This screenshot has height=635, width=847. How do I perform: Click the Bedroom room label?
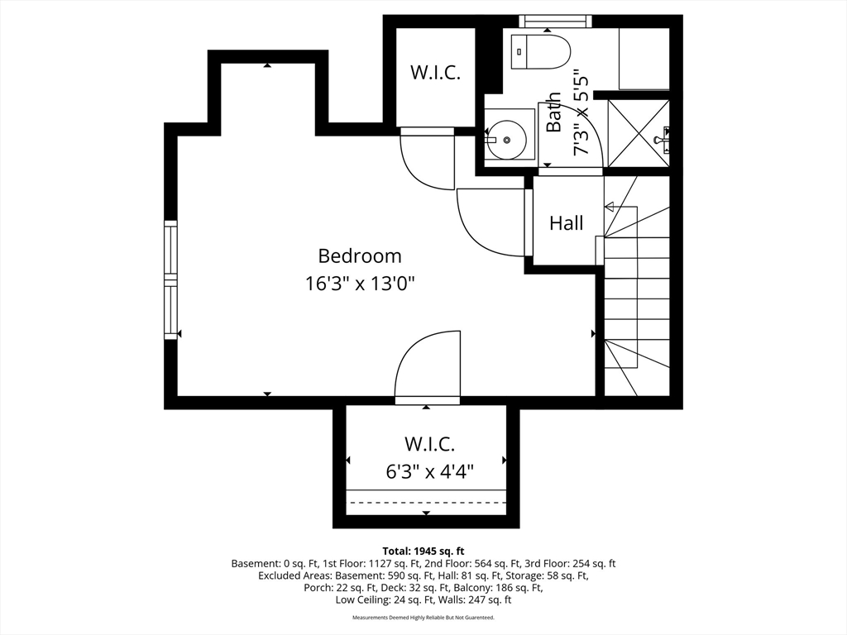click(x=360, y=256)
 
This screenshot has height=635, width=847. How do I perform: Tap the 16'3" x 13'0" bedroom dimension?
click(x=360, y=284)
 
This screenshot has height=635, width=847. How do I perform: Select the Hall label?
click(x=566, y=223)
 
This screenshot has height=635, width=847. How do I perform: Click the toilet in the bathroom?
click(x=541, y=52)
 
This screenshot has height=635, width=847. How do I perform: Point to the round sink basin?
click(x=507, y=140)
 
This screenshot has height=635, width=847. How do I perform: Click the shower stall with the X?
click(x=639, y=133)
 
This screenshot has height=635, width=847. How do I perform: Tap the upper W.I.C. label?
click(x=435, y=72)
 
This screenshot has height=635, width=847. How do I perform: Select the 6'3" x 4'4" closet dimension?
click(x=430, y=471)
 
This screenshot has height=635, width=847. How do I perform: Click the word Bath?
click(x=553, y=112)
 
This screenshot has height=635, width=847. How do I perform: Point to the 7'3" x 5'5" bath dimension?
click(x=581, y=112)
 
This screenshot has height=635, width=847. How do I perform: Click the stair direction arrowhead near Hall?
click(x=609, y=207)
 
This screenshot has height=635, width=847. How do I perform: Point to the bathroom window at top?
click(x=555, y=21)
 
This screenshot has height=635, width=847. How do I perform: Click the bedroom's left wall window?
click(x=170, y=279)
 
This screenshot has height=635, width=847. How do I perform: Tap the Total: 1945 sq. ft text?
click(x=423, y=551)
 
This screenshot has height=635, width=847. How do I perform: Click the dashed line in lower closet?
click(x=426, y=502)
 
